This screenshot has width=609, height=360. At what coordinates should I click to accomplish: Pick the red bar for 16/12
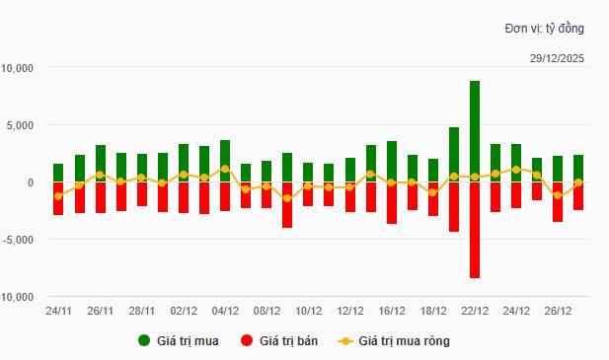pos(392,203)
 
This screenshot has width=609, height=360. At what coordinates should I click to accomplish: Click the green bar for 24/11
pos(58,173)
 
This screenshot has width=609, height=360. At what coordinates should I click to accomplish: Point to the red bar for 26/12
pos(558,202)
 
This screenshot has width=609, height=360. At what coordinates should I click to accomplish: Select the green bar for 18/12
pos(433,171)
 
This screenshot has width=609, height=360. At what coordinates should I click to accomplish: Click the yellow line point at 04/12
pos(225,169)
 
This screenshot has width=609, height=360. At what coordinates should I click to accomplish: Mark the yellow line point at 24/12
pos(516,170)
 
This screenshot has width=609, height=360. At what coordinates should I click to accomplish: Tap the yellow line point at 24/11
pos(58,196)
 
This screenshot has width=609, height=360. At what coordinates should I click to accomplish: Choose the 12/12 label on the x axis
pos(350,310)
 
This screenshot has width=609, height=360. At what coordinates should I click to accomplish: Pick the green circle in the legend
pos(145,341)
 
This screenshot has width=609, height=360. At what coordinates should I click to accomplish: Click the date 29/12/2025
pos(557,59)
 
